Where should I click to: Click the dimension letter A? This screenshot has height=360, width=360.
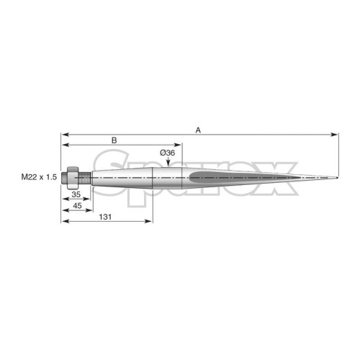[x=198, y=130]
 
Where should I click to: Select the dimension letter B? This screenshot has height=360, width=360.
[x=114, y=140]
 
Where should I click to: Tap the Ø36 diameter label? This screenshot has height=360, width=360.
[x=168, y=153]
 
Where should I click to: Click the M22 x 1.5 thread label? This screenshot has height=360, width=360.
[x=39, y=177]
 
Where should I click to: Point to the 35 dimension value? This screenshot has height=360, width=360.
[x=76, y=194]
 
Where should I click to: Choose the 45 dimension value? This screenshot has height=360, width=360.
[x=77, y=206]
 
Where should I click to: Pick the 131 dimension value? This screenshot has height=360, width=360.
[x=105, y=217]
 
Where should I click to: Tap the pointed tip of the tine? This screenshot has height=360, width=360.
[x=338, y=178]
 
